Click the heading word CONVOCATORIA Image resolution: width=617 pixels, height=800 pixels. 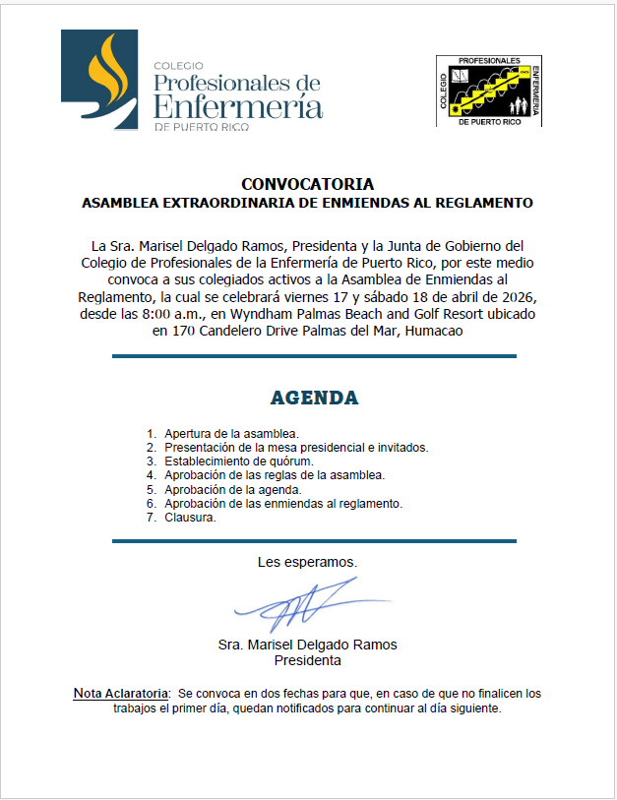coord(307,184)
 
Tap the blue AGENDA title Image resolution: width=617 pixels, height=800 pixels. coord(314,399)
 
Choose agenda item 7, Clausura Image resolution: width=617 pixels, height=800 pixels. coord(190,518)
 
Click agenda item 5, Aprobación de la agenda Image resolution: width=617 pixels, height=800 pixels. coord(232,489)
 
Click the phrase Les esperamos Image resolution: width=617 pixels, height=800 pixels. coord(307,563)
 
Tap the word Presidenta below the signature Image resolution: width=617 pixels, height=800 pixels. coord(307,660)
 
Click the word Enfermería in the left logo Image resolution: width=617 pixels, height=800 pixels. coord(238,106)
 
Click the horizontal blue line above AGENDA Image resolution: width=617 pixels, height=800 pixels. coord(314,356)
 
